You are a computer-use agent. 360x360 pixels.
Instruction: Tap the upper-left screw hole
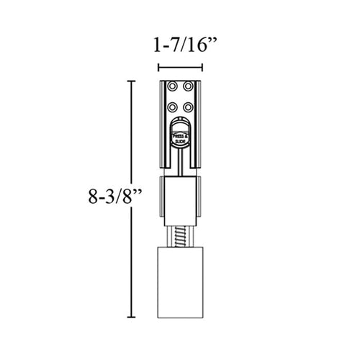point(173,86)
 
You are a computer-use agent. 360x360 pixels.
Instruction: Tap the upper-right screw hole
point(188,86)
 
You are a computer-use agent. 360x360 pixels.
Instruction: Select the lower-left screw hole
point(173,107)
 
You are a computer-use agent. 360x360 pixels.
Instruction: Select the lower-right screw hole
point(188,107)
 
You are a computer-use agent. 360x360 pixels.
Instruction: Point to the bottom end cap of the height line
point(130,317)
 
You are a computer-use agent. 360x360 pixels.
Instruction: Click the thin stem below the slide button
point(180,162)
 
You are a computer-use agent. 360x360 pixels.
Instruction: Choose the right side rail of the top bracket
point(199,122)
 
